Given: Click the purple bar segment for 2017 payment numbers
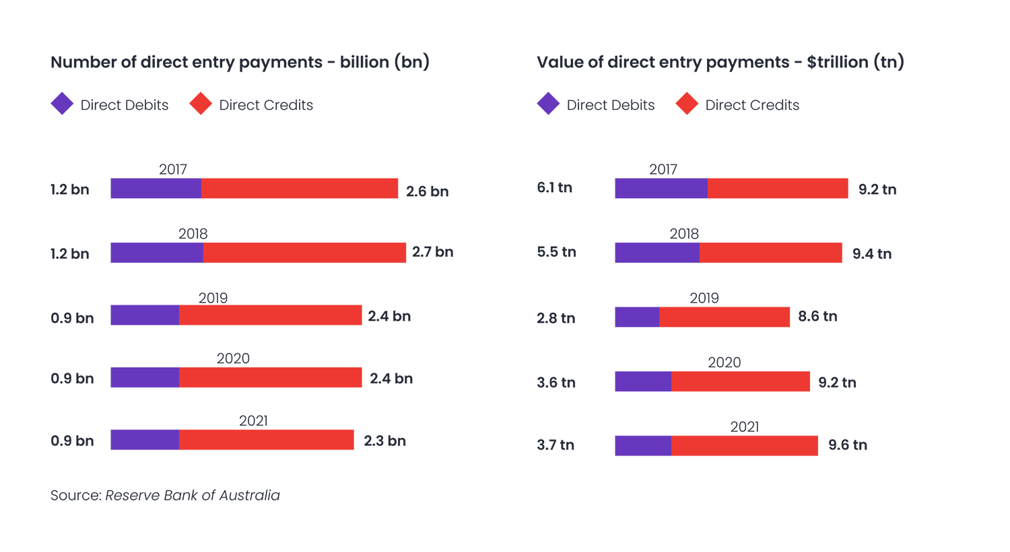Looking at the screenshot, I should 156,188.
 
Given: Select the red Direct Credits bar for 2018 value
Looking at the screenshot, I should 770,253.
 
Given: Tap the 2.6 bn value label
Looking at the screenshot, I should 427,191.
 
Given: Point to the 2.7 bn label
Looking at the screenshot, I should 432,252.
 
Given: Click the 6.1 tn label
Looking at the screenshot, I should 554,188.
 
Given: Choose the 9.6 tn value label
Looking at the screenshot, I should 847,445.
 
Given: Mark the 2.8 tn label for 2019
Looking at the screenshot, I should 555,318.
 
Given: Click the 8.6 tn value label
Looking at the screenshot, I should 817,316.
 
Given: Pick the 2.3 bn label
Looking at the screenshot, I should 384,441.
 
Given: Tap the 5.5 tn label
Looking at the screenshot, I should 556,252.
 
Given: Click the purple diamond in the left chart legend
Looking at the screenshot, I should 62,104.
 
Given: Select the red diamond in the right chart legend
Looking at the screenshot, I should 687,104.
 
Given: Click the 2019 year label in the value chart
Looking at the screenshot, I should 704,298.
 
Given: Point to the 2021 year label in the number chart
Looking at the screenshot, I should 253,421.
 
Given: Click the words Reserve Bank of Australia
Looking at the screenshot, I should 193,495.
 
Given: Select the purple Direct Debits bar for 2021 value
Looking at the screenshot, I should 642,446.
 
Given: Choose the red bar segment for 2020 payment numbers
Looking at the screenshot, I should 270,377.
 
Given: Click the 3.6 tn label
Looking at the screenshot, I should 555,383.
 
